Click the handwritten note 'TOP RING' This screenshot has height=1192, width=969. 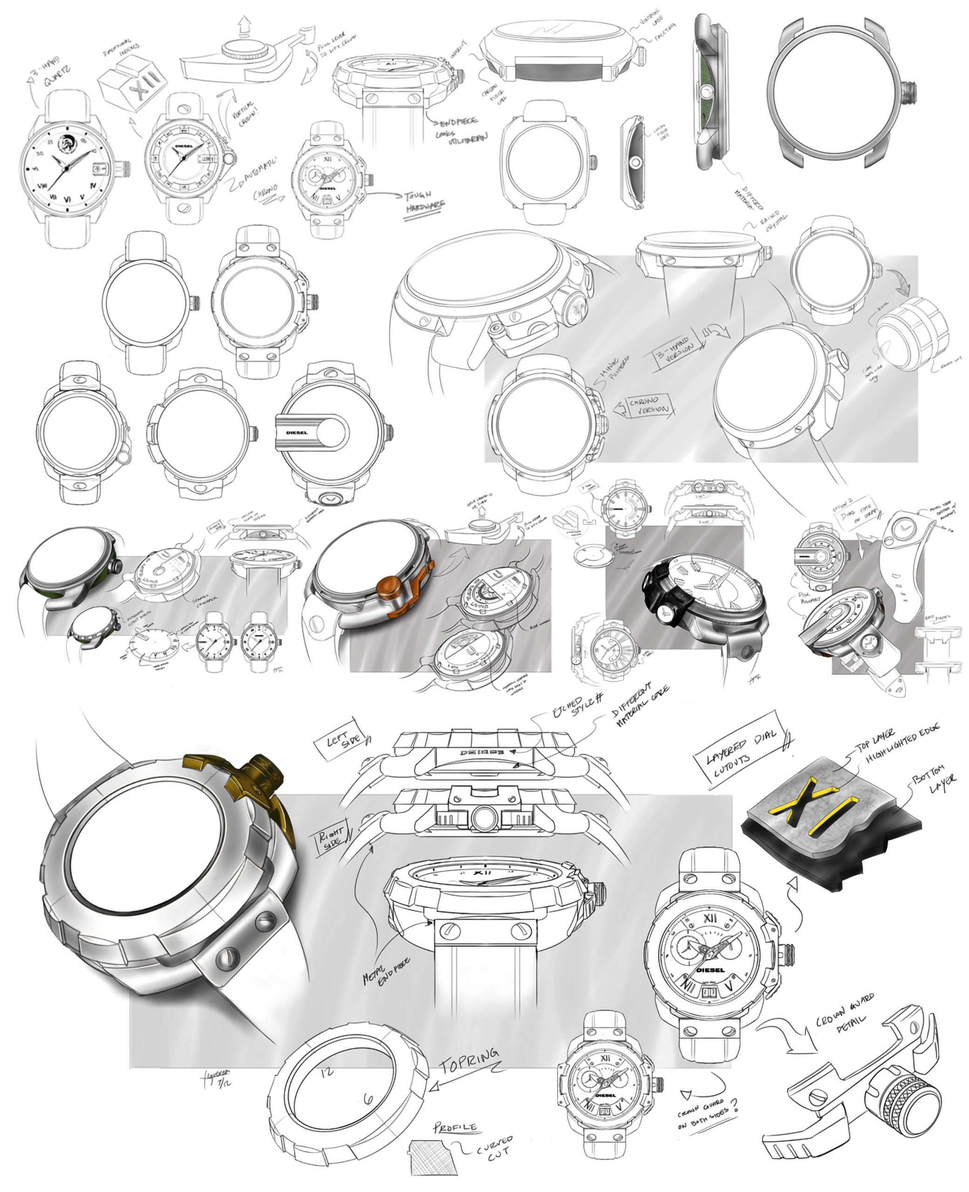(469, 1060)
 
